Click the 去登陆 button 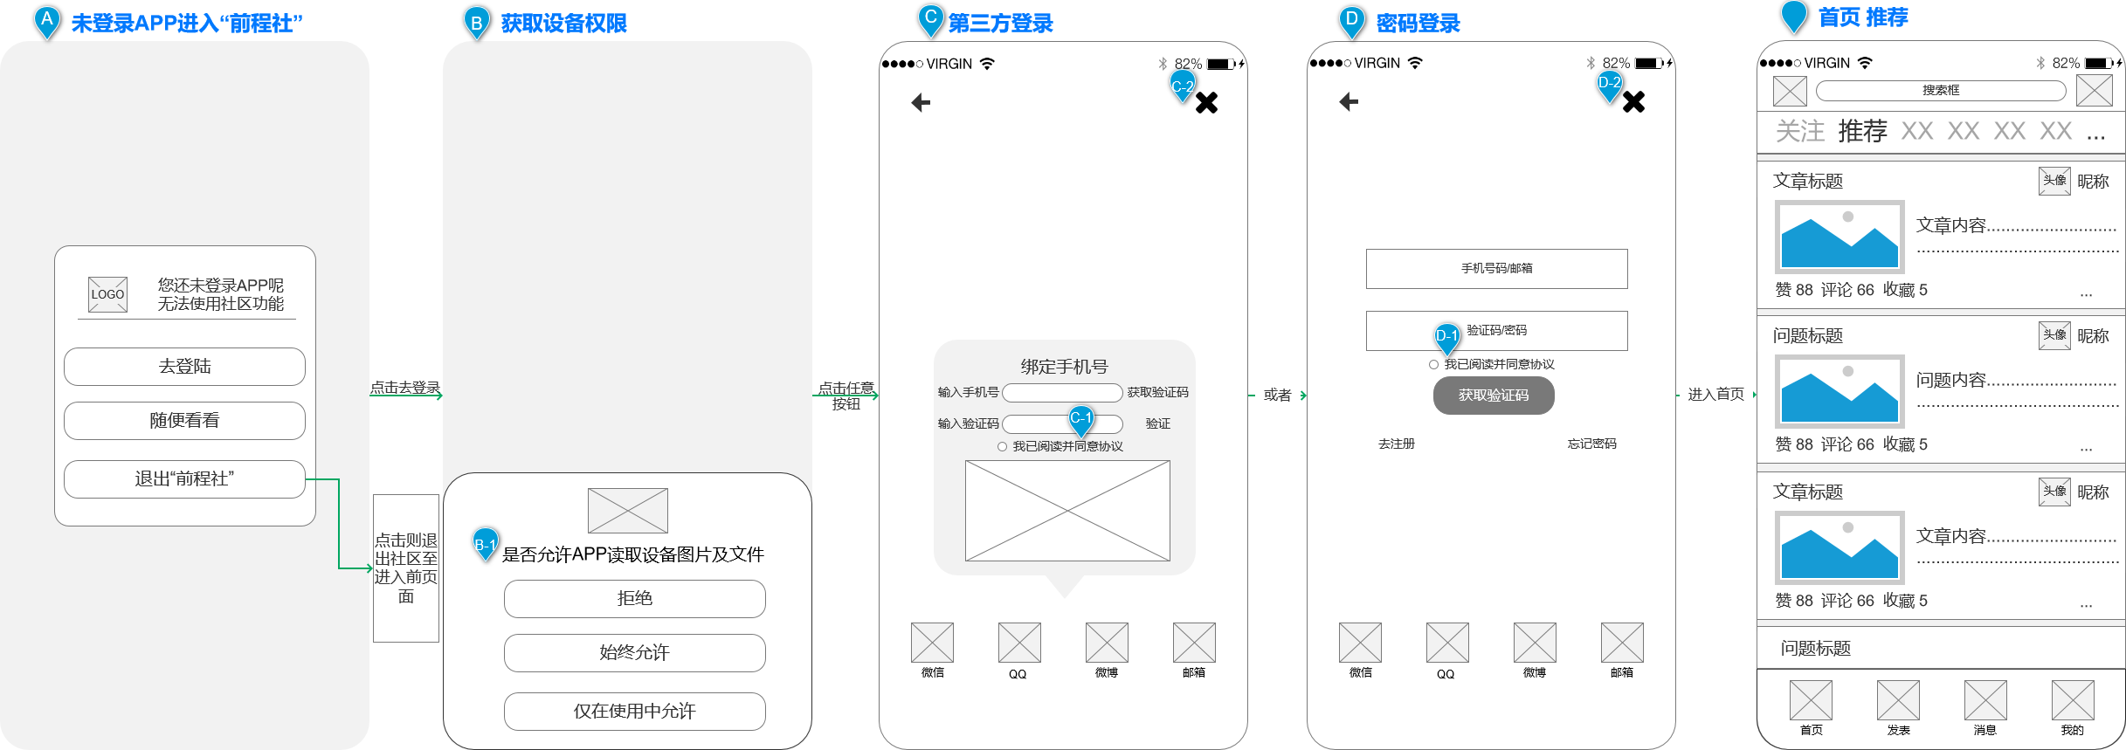[184, 367]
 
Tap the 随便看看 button [184, 421]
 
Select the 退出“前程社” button [184, 479]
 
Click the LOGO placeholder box [108, 294]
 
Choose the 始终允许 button [634, 653]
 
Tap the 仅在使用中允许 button [634, 712]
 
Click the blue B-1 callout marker [485, 543]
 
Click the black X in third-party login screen [1206, 103]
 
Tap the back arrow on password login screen [1349, 102]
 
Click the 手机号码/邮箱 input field [1496, 269]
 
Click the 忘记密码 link [1591, 444]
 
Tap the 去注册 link [1396, 444]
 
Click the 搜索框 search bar [1940, 91]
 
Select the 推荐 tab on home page [1862, 131]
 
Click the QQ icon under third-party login [1019, 643]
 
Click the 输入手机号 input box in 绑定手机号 [1062, 393]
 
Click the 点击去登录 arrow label [405, 388]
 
